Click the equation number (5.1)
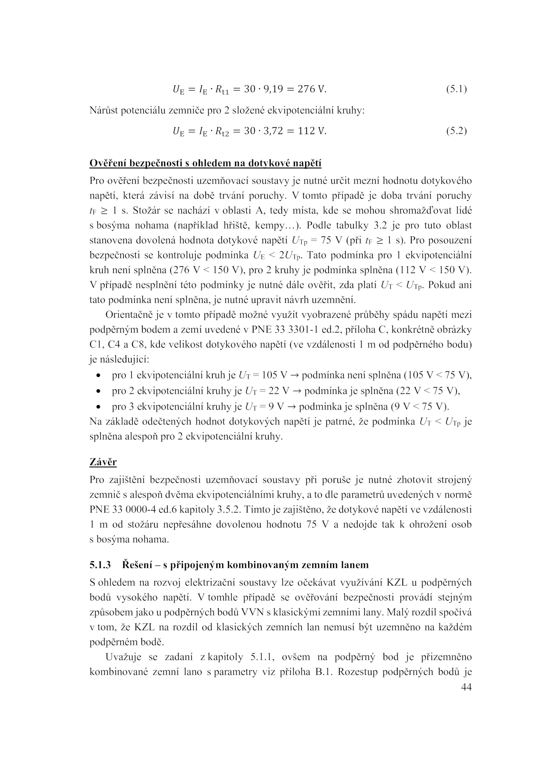pos(456,89)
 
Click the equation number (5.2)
pos(456,131)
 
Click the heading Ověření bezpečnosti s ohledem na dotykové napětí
pos(205,163)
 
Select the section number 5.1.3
pos(100,565)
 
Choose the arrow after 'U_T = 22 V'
pos(297,391)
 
